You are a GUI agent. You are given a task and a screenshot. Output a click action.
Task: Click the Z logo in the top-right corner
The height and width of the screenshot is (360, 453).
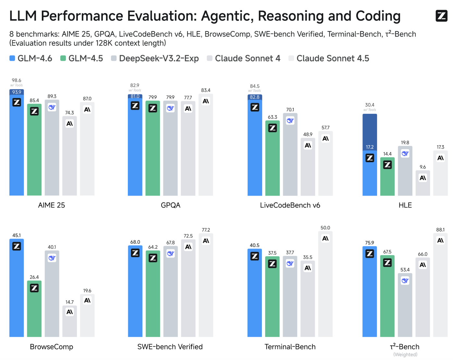[441, 16]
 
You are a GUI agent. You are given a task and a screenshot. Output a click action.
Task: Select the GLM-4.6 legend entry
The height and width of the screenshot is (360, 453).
[31, 58]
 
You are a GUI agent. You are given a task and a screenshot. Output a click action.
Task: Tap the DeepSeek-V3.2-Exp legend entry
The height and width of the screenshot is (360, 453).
[155, 58]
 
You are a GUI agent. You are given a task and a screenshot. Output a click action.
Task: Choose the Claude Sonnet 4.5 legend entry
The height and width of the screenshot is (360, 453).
[329, 58]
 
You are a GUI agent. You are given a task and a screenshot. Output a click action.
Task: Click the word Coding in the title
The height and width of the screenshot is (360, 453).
[378, 16]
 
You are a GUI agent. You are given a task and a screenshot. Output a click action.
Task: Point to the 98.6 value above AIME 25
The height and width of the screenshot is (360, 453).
[17, 80]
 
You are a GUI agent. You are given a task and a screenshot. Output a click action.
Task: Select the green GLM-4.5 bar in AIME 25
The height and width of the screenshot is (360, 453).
[34, 152]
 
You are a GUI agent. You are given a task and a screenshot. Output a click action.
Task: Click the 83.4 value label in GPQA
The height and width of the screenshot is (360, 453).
[206, 90]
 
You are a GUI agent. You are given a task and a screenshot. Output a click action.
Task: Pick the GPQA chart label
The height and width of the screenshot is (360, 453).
[170, 205]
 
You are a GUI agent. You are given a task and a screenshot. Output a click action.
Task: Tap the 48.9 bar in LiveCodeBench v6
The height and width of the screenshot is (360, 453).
[308, 169]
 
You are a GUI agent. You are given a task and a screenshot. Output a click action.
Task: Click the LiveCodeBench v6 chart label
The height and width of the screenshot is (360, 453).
[290, 205]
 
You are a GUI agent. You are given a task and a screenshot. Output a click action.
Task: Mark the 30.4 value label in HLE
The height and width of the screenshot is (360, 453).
[370, 105]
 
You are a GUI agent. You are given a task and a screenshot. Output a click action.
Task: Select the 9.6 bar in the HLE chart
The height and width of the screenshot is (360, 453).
[423, 185]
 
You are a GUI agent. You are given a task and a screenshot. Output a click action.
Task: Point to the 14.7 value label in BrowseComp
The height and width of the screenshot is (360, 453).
[69, 302]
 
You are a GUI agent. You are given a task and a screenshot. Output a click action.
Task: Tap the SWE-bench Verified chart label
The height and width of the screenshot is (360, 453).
[170, 347]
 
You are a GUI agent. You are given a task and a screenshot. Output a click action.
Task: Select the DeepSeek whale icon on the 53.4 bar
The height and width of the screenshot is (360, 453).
[405, 281]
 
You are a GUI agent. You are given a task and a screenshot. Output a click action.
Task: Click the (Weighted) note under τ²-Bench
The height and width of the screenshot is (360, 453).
[405, 354]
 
